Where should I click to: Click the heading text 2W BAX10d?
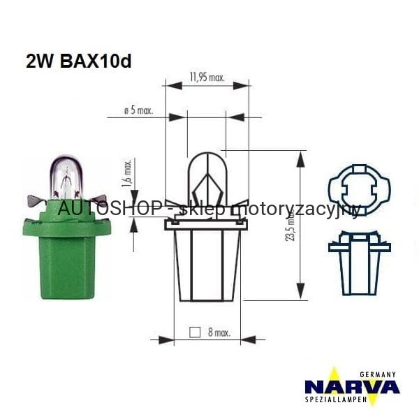tap(78, 61)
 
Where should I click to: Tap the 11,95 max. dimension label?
tap(207, 78)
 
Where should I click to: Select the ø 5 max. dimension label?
tap(138, 111)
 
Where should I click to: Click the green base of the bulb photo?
tap(67, 255)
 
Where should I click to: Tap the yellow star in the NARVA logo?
tap(335, 385)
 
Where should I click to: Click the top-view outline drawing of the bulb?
tap(359, 189)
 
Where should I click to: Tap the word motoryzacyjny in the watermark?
tap(294, 209)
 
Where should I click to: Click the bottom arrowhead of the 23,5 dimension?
tap(300, 292)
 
